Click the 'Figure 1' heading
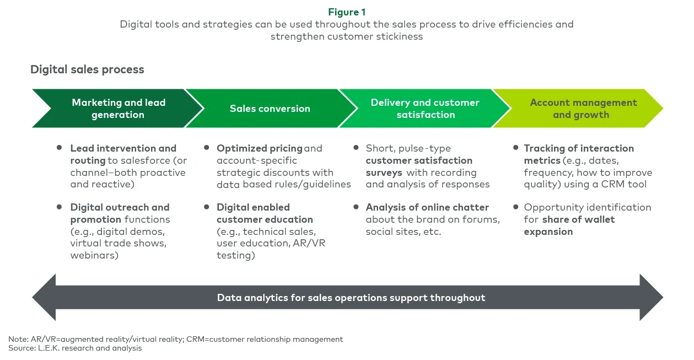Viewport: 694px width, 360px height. pyautogui.click(x=347, y=12)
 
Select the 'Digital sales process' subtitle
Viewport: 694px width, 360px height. pyautogui.click(x=87, y=69)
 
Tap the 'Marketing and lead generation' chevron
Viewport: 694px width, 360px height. pyautogui.click(x=118, y=109)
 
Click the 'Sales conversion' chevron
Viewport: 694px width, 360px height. pyautogui.click(x=270, y=109)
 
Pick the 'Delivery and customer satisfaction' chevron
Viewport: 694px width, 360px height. pyautogui.click(x=424, y=109)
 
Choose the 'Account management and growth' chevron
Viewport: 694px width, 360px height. pyautogui.click(x=583, y=109)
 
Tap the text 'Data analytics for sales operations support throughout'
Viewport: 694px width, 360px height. pyautogui.click(x=351, y=298)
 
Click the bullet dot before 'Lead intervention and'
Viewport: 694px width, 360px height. pyautogui.click(x=60, y=148)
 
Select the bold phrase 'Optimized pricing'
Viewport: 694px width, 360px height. pyautogui.click(x=259, y=148)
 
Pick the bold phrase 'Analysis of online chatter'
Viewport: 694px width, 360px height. pyautogui.click(x=427, y=207)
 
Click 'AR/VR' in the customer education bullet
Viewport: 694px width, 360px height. pyautogui.click(x=310, y=244)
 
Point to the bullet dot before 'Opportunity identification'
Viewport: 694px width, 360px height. pyautogui.click(x=516, y=207)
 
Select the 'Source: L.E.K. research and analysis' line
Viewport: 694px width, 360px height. pyautogui.click(x=75, y=348)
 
